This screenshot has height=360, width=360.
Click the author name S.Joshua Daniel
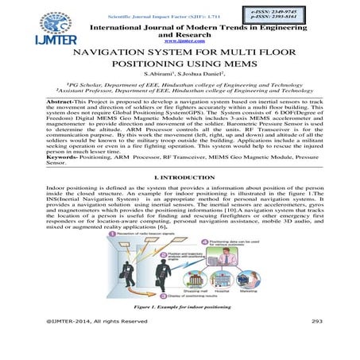point(200,74)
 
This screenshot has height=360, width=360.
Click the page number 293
point(315,342)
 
